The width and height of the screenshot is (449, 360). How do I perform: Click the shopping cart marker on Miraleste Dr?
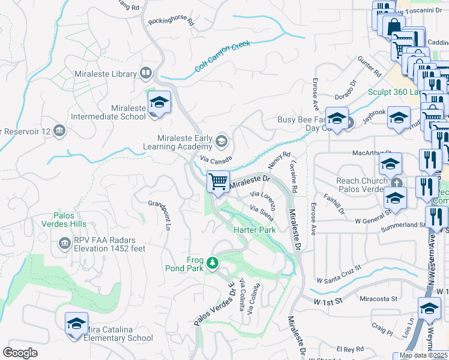point(218,182)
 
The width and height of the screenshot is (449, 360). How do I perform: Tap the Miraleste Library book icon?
point(145,74)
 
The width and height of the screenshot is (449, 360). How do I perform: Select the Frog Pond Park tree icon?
point(211,263)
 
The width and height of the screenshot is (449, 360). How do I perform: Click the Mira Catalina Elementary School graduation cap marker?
point(76,324)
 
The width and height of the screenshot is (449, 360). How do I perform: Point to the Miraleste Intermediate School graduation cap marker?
point(159,102)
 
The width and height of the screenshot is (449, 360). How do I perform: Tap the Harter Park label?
point(254,230)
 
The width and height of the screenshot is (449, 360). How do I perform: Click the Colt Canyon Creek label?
point(221,56)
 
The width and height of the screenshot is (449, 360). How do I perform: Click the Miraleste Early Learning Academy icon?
point(221,141)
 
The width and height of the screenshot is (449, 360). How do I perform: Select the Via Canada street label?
point(215,161)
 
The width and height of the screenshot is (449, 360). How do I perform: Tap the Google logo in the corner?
point(20,353)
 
